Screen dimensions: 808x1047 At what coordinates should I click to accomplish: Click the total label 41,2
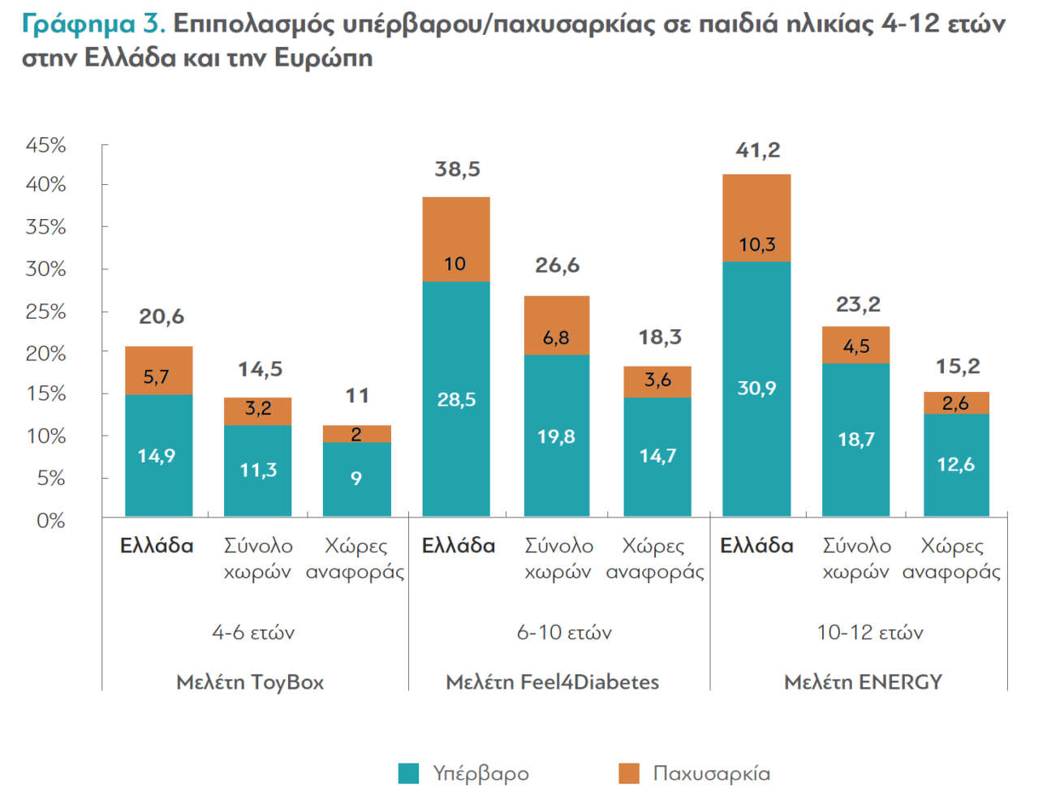tap(757, 150)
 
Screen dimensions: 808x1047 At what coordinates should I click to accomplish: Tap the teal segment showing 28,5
tap(456, 398)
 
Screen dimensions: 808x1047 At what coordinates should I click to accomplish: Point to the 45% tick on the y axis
tap(45, 145)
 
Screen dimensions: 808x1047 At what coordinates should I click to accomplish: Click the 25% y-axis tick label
tap(45, 312)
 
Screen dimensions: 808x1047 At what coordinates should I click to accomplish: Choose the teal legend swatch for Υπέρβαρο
tap(408, 773)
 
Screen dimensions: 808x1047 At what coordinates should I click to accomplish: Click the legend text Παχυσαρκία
tap(711, 773)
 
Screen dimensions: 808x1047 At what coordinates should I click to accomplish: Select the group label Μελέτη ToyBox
tap(250, 681)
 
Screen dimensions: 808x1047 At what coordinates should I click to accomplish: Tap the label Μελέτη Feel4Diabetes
tap(552, 681)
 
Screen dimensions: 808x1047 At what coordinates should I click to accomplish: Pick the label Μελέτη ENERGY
tap(863, 681)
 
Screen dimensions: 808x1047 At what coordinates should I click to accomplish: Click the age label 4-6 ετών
tap(253, 632)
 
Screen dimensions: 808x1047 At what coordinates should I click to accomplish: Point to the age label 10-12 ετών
tap(869, 632)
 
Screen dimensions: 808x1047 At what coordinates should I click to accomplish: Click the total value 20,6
tap(162, 316)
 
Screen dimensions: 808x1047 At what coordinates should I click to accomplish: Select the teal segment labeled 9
tap(356, 479)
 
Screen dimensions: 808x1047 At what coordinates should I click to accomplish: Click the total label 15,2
tap(958, 366)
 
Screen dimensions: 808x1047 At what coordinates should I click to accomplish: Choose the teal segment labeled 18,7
tap(855, 439)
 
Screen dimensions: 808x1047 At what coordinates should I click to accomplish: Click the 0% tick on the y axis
tap(50, 520)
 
